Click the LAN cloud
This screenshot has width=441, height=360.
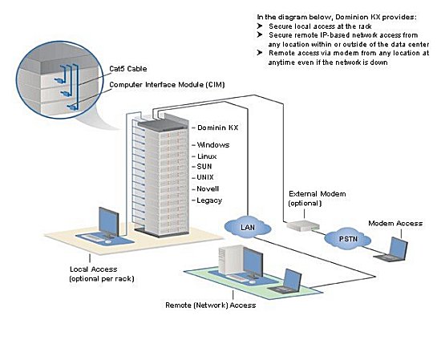click(248, 226)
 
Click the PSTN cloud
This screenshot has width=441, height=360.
click(348, 239)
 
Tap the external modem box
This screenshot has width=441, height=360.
click(303, 225)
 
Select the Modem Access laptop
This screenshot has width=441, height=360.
click(391, 249)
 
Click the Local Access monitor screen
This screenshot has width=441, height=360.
click(108, 221)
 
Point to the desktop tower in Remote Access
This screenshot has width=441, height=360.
click(229, 259)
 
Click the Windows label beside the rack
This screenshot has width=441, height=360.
click(213, 145)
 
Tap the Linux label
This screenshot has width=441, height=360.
click(207, 156)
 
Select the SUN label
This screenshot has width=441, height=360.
click(204, 167)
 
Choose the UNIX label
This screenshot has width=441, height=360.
click(205, 177)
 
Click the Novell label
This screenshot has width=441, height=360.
click(208, 188)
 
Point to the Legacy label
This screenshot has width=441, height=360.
click(209, 200)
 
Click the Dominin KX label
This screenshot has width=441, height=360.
click(217, 127)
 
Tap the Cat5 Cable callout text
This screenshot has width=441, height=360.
click(128, 69)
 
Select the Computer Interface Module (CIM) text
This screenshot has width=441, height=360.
click(167, 85)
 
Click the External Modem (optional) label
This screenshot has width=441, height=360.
click(317, 198)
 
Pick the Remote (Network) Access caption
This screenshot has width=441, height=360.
click(211, 305)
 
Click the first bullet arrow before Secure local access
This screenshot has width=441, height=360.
click(260, 26)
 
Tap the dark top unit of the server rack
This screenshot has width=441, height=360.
click(163, 123)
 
